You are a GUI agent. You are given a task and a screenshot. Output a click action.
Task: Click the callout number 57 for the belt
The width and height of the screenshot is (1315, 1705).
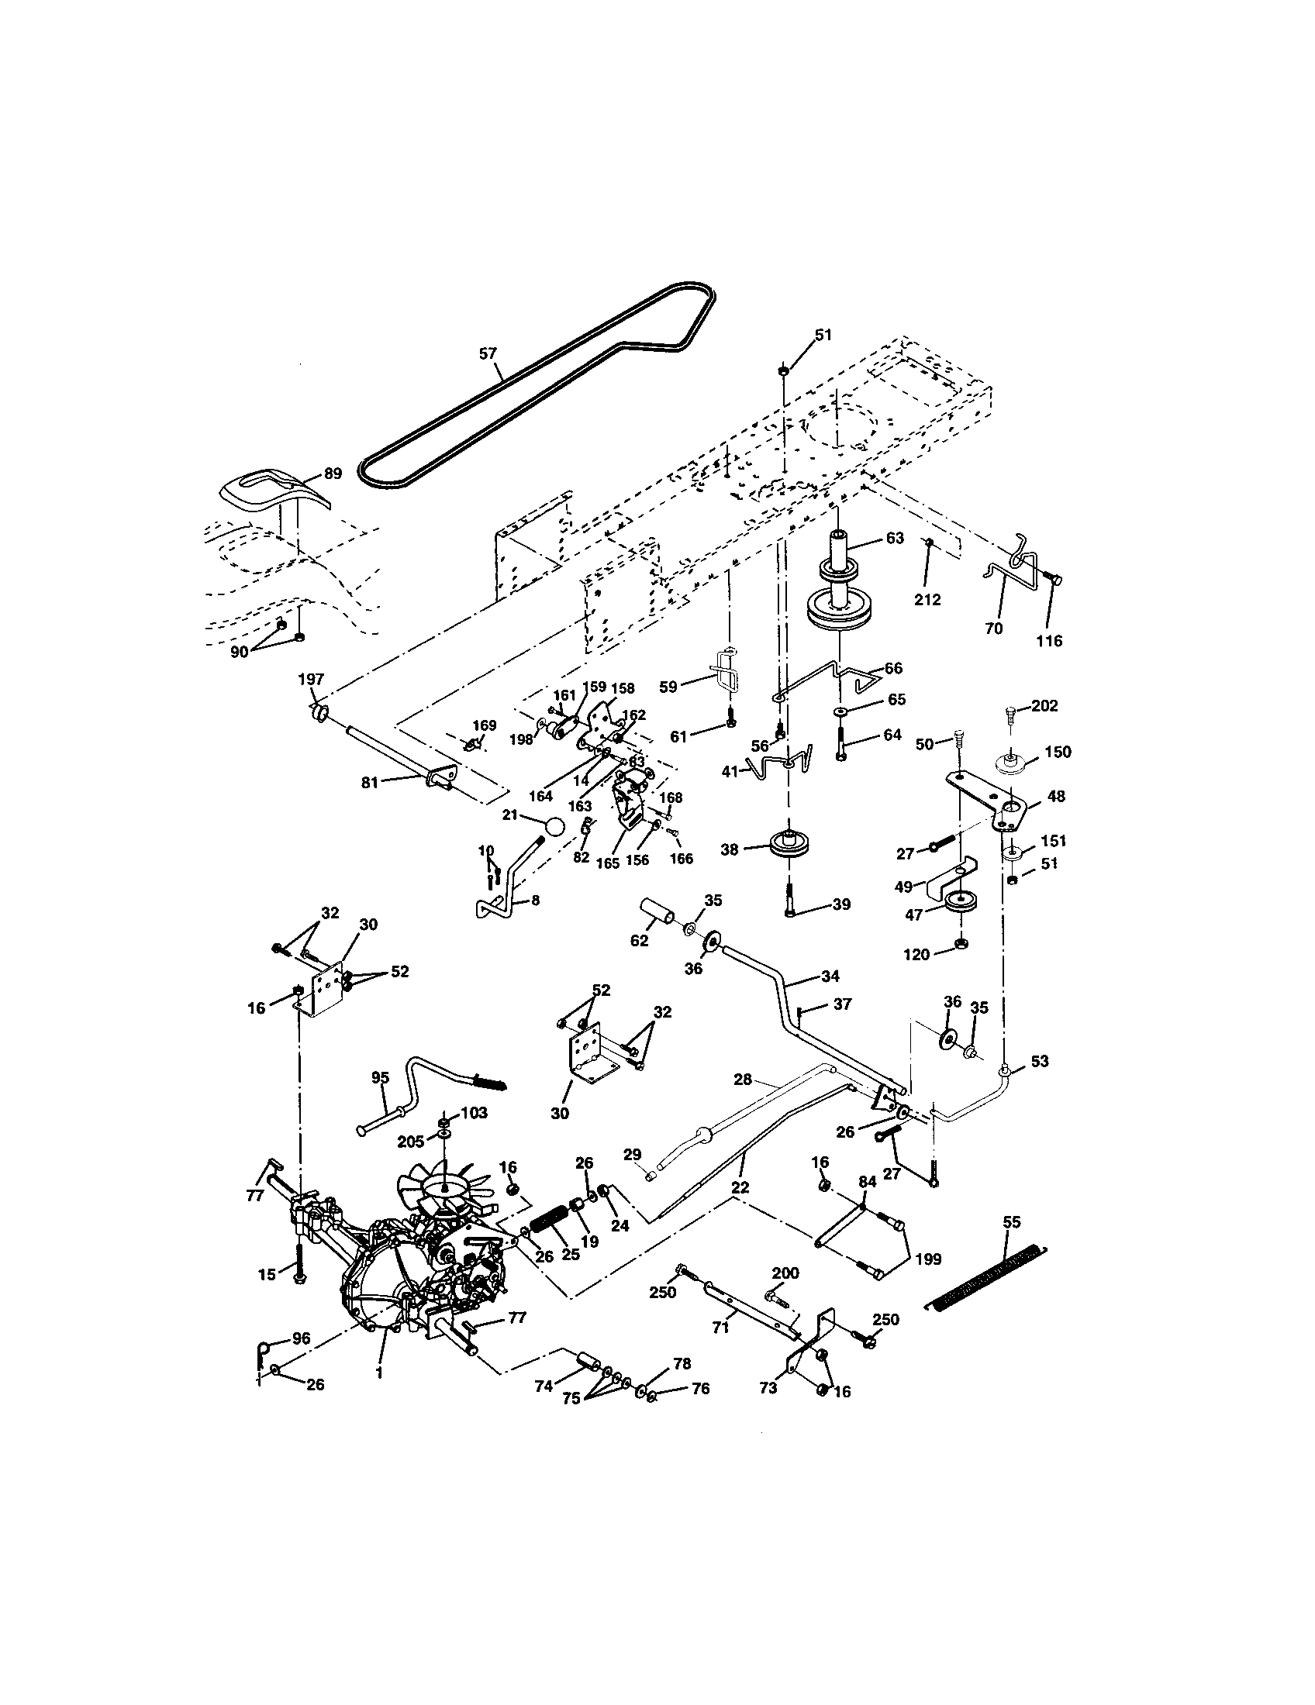487,353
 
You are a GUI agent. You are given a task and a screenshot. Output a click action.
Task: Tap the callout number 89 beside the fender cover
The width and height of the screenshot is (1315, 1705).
333,474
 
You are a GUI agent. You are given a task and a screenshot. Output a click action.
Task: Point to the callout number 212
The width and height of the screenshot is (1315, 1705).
927,600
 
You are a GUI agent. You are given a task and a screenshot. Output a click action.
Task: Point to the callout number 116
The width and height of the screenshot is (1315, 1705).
1049,641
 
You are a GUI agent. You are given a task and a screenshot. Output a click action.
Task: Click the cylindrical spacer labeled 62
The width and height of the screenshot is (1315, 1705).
657,914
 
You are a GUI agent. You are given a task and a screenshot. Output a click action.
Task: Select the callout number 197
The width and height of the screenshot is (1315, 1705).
311,679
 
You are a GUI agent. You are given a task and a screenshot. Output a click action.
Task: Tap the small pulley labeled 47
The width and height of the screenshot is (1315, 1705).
957,905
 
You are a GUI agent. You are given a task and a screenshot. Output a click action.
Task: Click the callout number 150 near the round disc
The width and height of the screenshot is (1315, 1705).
1058,752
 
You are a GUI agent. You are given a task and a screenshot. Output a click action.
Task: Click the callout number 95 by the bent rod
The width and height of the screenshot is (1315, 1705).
380,1077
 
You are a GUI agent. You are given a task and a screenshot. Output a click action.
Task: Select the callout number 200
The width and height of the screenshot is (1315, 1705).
785,1273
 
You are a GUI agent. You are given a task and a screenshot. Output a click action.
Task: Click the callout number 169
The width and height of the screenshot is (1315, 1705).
484,725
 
